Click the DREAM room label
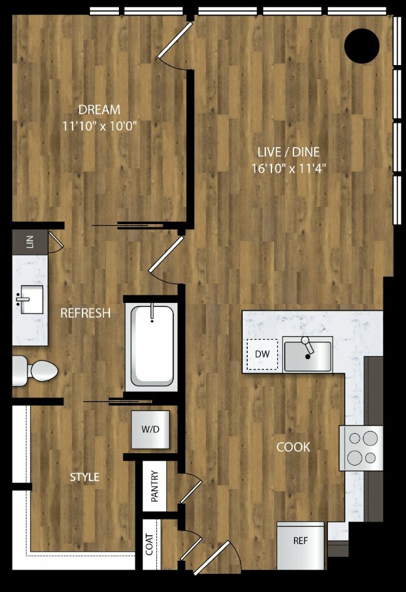pos(99,110)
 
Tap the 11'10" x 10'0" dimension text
pos(99,126)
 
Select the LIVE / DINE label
pos(288,152)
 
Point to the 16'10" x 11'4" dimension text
pos(288,168)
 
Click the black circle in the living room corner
pos(362,46)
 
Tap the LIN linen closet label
pos(30,242)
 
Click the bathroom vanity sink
pos(30,299)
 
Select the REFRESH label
pos(86,313)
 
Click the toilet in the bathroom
pos(35,371)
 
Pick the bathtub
pos(151,345)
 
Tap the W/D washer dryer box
pos(151,429)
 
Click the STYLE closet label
pos(85,477)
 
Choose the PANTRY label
pos(155,486)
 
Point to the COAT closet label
pos(150,544)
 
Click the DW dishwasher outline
pos(262,355)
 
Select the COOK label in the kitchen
pos(293,447)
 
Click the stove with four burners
pos(361,448)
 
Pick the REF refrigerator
pos(301,546)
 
